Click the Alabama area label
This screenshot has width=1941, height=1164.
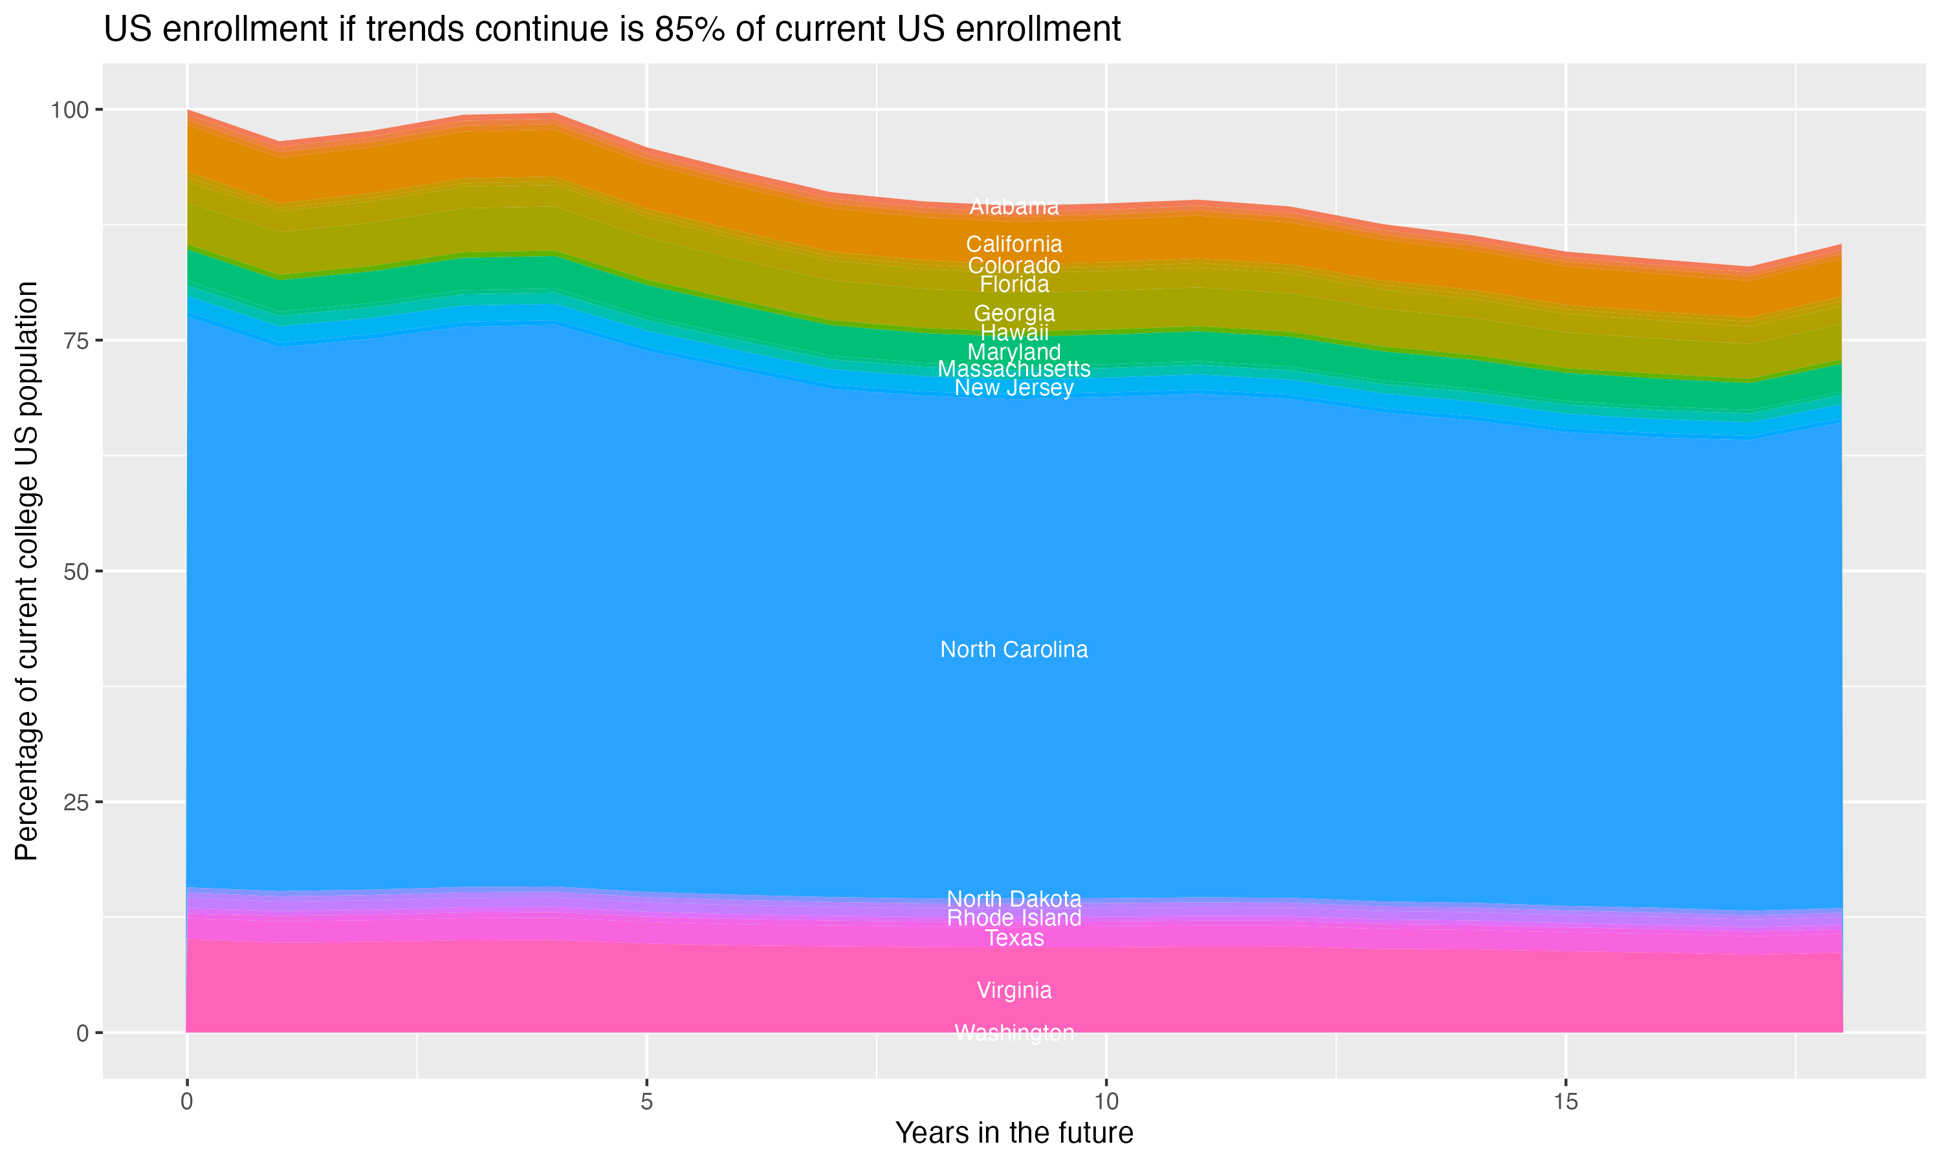tap(1014, 207)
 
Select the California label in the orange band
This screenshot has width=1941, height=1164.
tap(1014, 244)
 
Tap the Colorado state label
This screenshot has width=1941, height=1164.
tap(1014, 265)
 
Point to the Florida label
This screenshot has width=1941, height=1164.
tap(1014, 284)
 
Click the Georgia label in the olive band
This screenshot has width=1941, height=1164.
tap(1014, 313)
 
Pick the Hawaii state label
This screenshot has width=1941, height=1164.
tap(1014, 332)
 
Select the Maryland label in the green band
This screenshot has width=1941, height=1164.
tap(1014, 352)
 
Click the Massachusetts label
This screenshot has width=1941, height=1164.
tap(1014, 369)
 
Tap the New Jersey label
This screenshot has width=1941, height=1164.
tap(1014, 388)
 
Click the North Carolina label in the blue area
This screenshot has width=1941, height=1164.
tap(1014, 649)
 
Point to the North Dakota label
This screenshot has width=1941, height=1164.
tap(1014, 899)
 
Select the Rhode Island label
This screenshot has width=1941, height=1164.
tap(1014, 918)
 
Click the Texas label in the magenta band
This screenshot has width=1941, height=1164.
tap(1014, 939)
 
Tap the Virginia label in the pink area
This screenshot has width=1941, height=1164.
tap(1014, 991)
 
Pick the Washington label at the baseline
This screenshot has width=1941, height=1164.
tap(1014, 1033)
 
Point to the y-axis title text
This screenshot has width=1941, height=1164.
tap(27, 571)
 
